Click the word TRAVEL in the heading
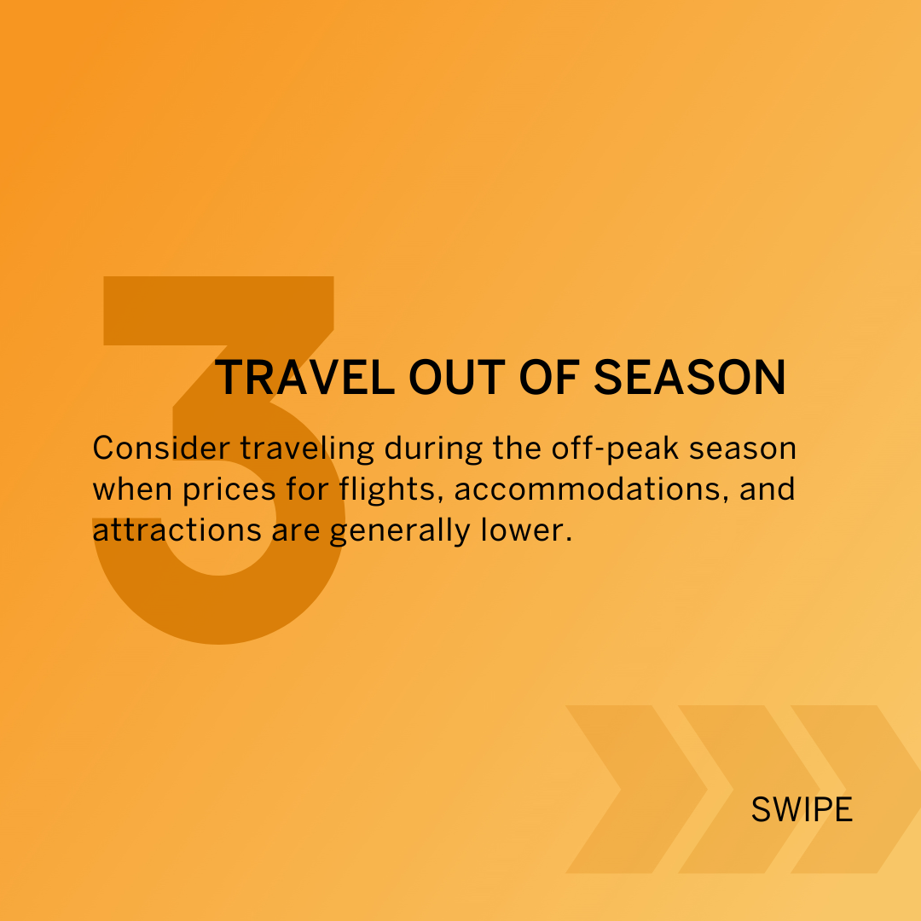[304, 378]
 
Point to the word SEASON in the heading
[690, 378]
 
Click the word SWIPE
[802, 810]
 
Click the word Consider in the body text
[161, 449]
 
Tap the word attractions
[177, 530]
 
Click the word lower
[526, 530]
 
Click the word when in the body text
[132, 489]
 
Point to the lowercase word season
[743, 449]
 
